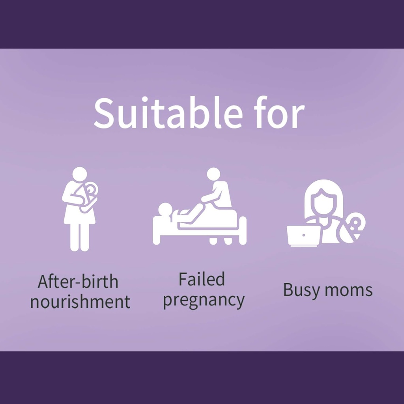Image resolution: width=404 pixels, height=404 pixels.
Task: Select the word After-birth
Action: coord(78,282)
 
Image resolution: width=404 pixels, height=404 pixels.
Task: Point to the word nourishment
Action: coord(80,302)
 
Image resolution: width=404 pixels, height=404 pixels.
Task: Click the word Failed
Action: coord(202,280)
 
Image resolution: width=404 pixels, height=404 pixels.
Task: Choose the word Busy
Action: coord(300,290)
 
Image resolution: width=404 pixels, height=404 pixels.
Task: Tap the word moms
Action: coord(350,290)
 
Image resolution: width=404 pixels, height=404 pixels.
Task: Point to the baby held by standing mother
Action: coord(89,195)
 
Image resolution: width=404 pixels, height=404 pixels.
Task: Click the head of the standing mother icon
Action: coord(80,174)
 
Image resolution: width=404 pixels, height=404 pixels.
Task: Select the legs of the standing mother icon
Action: coord(80,237)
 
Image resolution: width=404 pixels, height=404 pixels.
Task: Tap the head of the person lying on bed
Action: coord(165,209)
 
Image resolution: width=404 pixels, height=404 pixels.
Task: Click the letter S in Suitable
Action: coord(104,113)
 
